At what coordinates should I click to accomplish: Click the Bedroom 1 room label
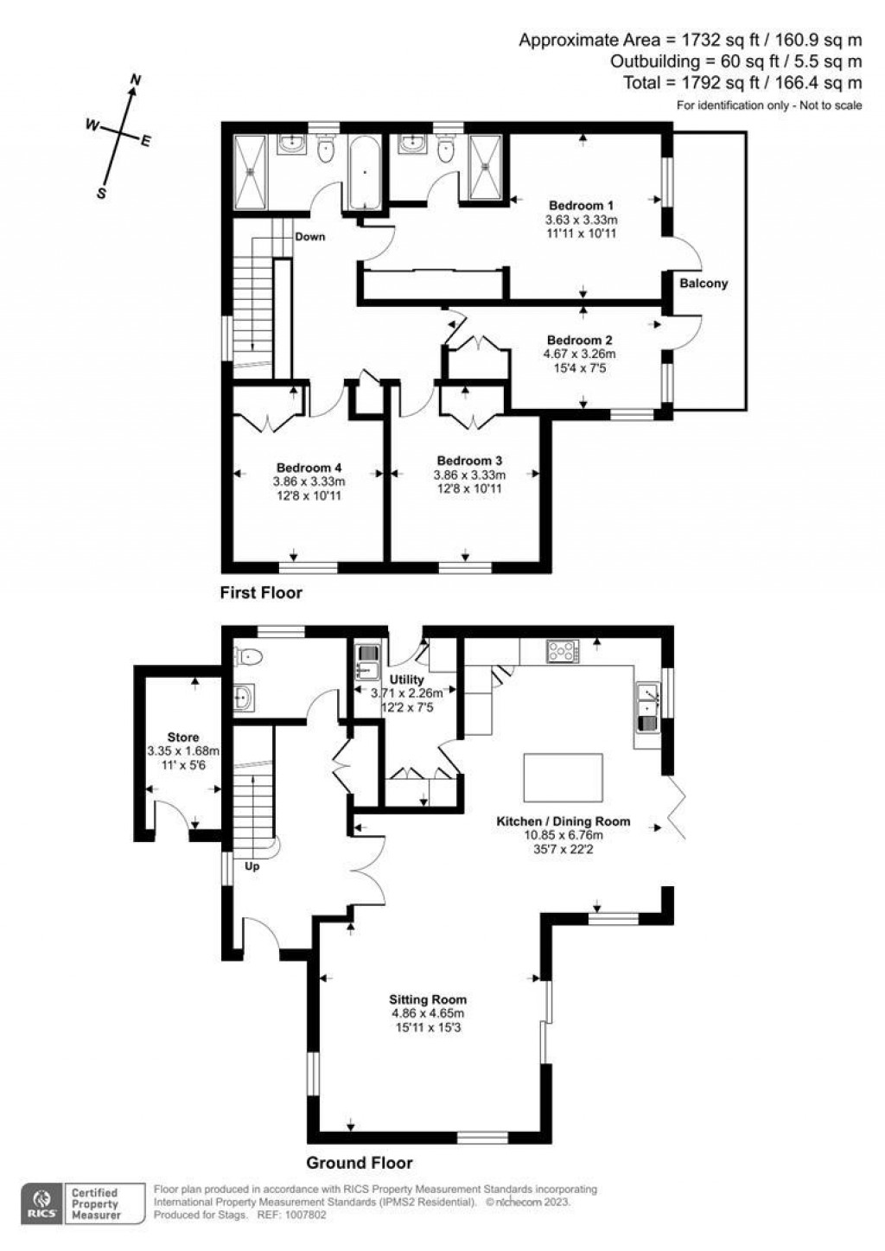(581, 206)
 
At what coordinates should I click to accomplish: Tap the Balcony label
(703, 284)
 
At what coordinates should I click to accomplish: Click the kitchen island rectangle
(563, 777)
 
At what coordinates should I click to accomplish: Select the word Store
(183, 737)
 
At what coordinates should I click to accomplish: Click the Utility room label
(406, 680)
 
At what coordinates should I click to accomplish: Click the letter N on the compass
(135, 80)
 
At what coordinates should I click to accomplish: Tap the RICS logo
(40, 1202)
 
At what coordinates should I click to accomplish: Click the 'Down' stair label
(309, 236)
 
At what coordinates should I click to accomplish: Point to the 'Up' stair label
(252, 865)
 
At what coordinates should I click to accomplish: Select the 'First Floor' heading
(261, 593)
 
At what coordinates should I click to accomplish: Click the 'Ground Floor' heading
(360, 1163)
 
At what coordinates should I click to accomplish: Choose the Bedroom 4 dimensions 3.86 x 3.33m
(309, 482)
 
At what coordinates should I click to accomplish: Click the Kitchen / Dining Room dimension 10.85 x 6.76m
(563, 835)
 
